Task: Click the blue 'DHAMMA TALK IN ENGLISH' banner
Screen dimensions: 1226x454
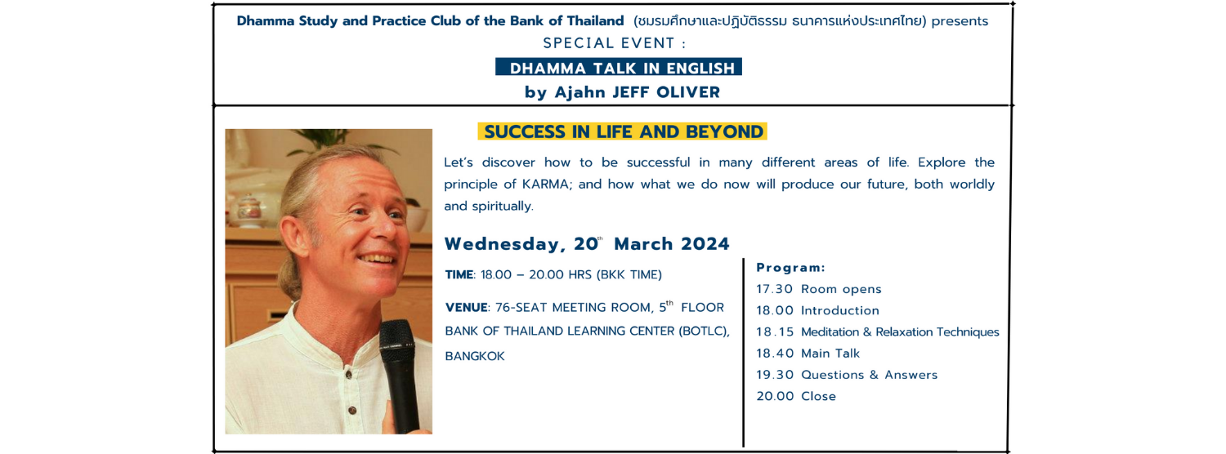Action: click(619, 67)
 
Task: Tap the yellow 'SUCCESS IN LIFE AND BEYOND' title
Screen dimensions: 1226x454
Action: click(623, 131)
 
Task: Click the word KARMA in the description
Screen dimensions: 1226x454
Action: click(545, 184)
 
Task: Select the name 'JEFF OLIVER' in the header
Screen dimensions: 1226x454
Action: click(665, 92)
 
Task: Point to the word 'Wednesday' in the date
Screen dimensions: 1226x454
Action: click(502, 244)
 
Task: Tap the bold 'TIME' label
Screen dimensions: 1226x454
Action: click(459, 274)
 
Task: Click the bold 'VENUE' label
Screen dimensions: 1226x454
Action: click(467, 307)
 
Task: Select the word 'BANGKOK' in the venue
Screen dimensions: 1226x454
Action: click(475, 356)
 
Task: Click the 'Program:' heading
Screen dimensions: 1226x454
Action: click(790, 268)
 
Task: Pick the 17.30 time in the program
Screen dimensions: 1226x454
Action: click(775, 289)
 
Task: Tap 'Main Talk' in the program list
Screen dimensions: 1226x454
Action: click(830, 354)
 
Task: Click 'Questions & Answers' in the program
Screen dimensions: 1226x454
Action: click(869, 375)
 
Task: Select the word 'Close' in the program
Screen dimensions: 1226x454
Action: click(818, 396)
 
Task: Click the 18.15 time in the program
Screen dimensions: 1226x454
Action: click(775, 332)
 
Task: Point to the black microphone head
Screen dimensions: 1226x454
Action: click(396, 338)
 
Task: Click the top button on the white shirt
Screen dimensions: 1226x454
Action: click(348, 375)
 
